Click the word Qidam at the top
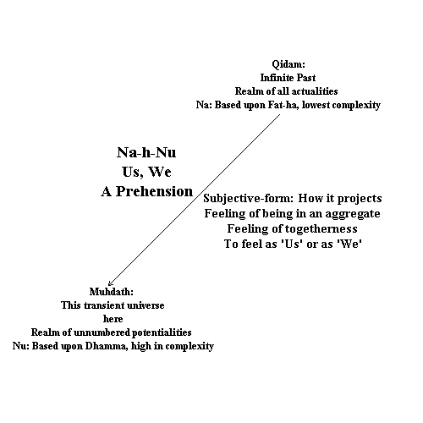pos(288,64)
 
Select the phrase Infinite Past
pos(288,78)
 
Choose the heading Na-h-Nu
pos(146,152)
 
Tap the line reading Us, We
pos(146,172)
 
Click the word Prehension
pos(155,191)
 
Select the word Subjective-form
pos(249,198)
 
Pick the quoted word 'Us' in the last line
pos(292,244)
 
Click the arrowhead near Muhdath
pos(110,283)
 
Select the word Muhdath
pos(112,292)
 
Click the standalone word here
pos(113,319)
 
